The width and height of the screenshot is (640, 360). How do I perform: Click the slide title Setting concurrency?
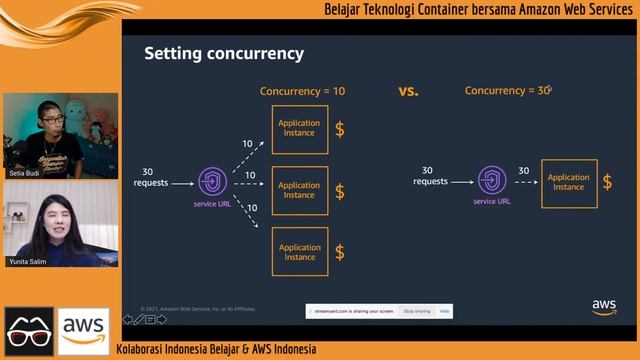point(224,53)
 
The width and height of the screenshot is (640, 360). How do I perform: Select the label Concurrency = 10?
point(302,91)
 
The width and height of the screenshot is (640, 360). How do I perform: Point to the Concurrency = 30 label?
point(508,91)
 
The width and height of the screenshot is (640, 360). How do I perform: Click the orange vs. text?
point(408,91)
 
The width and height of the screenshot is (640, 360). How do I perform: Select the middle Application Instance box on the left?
point(299,190)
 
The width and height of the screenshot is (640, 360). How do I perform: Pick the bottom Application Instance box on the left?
point(299,252)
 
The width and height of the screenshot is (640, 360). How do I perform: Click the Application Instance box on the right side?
point(568,182)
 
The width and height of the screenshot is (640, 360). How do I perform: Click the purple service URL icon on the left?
point(212,182)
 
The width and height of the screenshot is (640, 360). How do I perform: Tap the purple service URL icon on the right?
point(491,181)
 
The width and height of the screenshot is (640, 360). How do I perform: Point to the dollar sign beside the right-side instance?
point(609,182)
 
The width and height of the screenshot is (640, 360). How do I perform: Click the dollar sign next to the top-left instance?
point(340,129)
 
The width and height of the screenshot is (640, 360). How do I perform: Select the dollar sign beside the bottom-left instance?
point(340,252)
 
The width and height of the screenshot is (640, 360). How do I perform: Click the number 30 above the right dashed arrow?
point(524,171)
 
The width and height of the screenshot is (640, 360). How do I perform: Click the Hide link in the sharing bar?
point(445,311)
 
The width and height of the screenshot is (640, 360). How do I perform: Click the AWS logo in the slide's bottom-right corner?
point(604,307)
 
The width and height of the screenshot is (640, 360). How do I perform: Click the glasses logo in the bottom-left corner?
point(29,330)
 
